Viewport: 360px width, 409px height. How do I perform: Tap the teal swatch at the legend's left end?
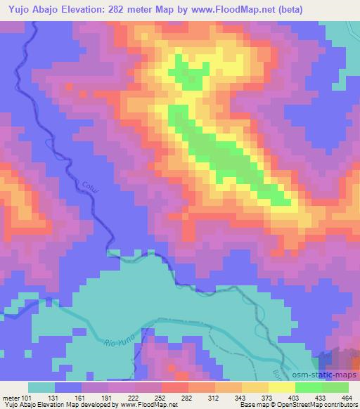(41, 387)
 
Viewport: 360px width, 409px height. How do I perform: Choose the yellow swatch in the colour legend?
(281, 387)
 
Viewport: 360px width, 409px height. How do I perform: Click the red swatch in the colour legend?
(175, 387)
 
